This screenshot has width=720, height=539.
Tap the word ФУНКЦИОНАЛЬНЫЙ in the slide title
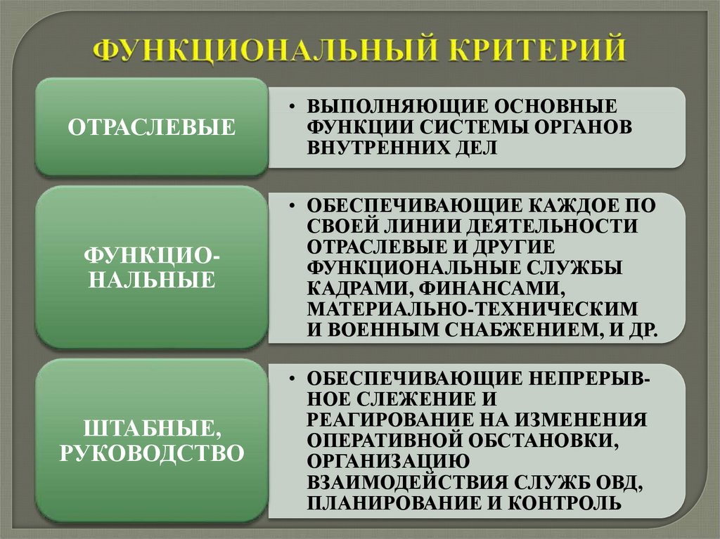264,51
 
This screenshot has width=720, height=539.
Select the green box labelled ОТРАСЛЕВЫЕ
151,127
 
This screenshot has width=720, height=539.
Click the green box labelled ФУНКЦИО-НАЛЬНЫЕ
151,268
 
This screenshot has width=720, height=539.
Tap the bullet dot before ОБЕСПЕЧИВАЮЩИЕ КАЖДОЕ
290,207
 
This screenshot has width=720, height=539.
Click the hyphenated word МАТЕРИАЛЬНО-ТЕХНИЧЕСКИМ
472,309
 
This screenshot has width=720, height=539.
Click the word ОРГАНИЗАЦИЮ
382,461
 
